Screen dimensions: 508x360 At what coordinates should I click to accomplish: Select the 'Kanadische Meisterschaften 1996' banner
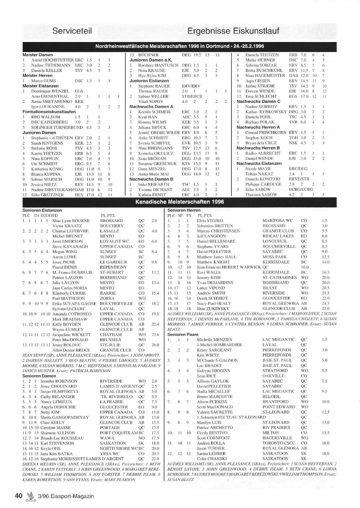tap(179, 202)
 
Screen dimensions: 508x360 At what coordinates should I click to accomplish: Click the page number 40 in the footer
tap(19, 496)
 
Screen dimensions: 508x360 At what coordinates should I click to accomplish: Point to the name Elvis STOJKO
tap(210, 221)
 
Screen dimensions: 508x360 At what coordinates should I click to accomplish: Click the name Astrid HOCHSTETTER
tap(52, 60)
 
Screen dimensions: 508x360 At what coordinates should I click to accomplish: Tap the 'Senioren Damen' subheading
tap(39, 376)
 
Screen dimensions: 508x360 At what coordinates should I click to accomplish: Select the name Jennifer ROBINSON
tap(59, 381)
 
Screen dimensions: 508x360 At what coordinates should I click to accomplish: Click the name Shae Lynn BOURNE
tap(71, 221)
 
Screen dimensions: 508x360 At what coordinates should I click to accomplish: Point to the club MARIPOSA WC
tap(278, 221)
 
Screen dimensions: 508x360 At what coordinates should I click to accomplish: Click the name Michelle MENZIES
tap(214, 340)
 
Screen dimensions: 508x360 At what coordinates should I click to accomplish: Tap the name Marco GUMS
tap(44, 81)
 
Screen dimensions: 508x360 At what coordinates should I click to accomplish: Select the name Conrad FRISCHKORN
tap(266, 132)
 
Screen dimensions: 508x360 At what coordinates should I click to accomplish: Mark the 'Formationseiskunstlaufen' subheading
tap(49, 112)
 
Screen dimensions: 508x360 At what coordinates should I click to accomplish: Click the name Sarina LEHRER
tap(211, 454)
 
